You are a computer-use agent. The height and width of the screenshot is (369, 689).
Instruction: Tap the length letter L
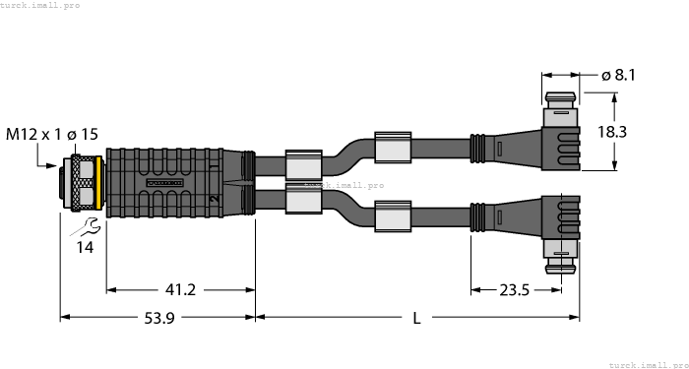[417, 319]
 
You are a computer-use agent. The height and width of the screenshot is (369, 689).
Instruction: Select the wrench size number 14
[86, 248]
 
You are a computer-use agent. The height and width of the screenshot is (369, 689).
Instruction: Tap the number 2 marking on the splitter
[213, 200]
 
